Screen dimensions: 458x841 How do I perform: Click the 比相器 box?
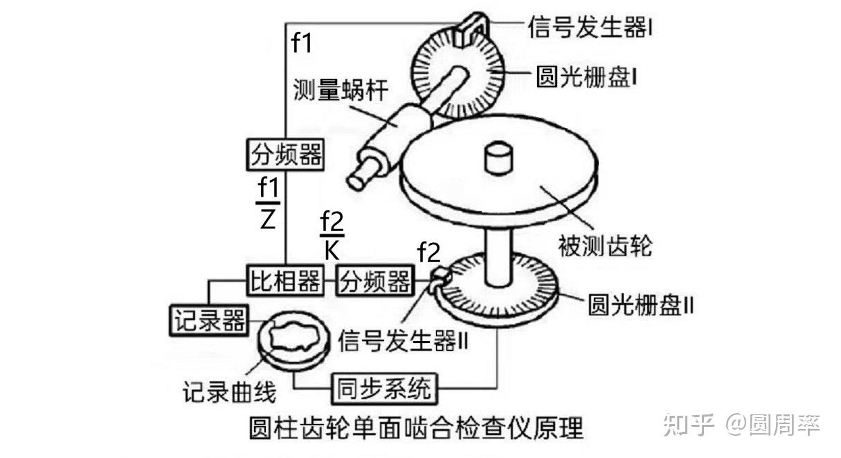284,282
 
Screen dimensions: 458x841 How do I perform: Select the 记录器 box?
208,320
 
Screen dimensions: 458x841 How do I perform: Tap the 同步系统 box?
383,388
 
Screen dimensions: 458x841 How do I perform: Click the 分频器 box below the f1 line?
285,154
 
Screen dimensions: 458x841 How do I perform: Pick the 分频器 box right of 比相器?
374,282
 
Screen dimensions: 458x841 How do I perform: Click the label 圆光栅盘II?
640,304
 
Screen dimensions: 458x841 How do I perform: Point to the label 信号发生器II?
404,340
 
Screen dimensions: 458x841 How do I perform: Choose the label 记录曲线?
229,392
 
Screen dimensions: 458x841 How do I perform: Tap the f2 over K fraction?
332,235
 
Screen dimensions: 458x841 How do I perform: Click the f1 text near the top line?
302,43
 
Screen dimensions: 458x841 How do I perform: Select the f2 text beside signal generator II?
428,253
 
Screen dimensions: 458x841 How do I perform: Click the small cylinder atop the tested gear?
498,158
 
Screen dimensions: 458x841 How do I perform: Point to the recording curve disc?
291,342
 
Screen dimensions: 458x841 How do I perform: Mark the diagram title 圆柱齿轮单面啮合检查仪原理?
415,427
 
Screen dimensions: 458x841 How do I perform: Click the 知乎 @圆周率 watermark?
741,424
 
